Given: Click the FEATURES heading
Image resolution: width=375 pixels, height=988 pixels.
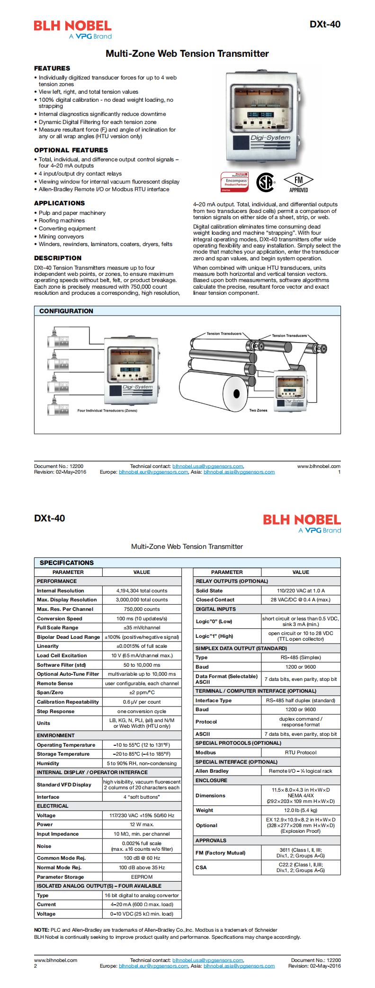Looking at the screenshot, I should (x=52, y=68).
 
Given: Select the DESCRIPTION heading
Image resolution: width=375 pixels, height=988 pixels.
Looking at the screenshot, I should (x=58, y=258).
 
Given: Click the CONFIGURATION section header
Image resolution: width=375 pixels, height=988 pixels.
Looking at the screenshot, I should (x=66, y=311).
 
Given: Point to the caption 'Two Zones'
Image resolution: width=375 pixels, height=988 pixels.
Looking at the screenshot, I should (x=258, y=410).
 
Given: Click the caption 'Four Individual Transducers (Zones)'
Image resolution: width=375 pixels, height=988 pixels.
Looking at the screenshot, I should (x=107, y=411).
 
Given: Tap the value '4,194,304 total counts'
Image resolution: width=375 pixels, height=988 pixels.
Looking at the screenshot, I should (x=142, y=591).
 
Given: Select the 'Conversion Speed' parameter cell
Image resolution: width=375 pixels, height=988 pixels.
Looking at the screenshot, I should (x=60, y=618).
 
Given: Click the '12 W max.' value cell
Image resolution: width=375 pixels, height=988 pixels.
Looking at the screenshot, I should (x=142, y=824).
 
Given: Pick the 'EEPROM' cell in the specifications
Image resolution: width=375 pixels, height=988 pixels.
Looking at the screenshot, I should (x=142, y=877).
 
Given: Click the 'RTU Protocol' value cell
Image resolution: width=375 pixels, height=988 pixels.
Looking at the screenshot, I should (x=301, y=752).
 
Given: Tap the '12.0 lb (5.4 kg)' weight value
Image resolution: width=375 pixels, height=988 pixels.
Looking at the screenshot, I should (x=301, y=811).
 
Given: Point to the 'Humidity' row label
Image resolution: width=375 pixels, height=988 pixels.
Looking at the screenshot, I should (x=48, y=763).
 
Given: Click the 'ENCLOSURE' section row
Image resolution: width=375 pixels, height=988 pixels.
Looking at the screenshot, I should (x=212, y=780).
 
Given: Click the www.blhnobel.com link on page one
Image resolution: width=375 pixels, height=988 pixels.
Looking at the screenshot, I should (x=319, y=466).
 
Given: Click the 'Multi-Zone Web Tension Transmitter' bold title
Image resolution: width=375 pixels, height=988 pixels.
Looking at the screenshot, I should (x=187, y=54).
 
